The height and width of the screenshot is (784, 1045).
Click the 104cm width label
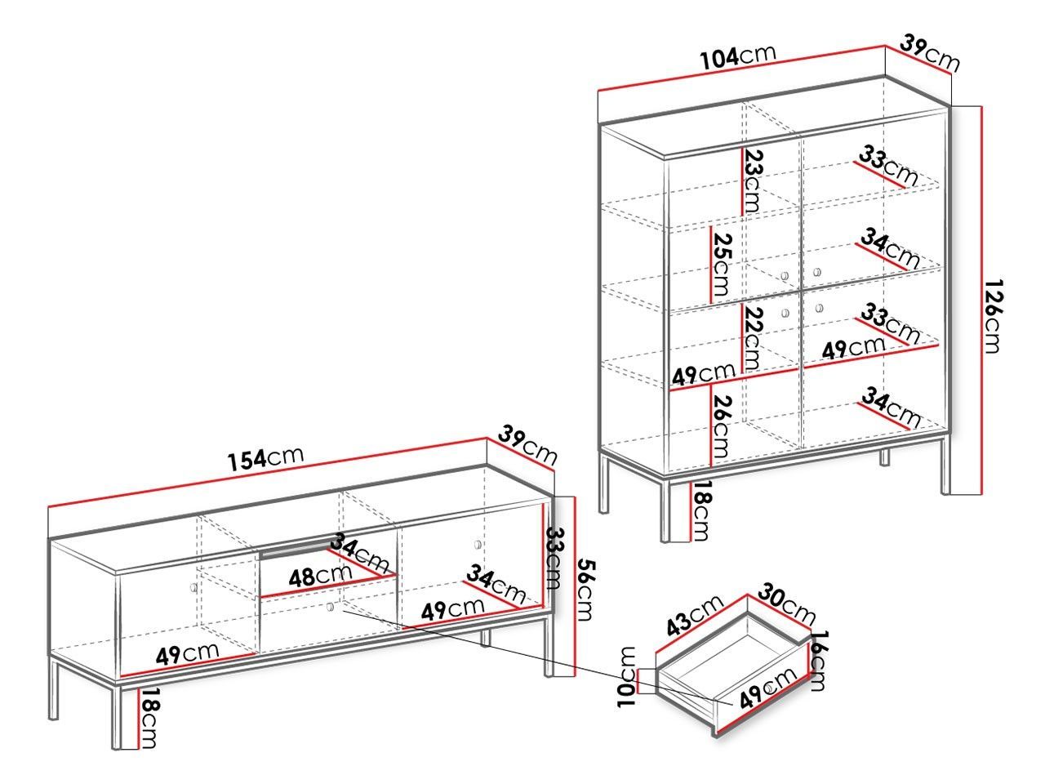click(x=737, y=56)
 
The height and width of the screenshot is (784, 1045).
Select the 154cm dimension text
click(x=265, y=458)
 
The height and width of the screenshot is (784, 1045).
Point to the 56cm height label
click(x=585, y=590)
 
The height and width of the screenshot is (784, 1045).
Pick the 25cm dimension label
click(x=722, y=264)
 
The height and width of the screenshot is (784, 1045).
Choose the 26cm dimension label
click(x=722, y=426)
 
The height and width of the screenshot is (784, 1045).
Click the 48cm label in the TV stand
click(x=320, y=577)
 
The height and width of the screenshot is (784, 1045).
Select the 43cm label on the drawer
click(x=694, y=614)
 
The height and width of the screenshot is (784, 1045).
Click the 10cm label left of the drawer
click(x=627, y=677)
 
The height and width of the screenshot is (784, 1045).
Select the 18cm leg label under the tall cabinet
click(x=700, y=510)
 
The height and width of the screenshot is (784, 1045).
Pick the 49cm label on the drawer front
click(x=767, y=688)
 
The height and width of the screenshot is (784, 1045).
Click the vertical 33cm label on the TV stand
click(x=554, y=559)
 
